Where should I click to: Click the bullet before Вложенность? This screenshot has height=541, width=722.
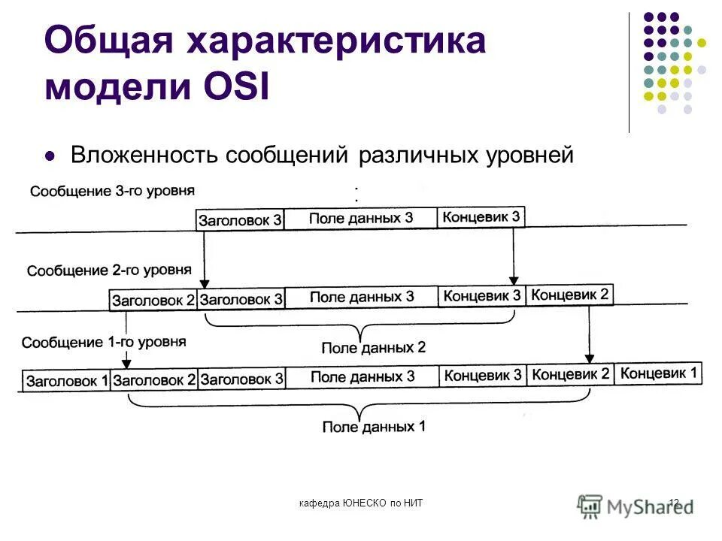pos(51,157)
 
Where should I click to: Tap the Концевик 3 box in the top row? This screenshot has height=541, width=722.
pos(481,217)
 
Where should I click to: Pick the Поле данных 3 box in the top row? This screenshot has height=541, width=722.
pos(361,219)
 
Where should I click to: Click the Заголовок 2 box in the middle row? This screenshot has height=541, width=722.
pos(153,300)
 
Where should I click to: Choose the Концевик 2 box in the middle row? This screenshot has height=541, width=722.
pos(569,295)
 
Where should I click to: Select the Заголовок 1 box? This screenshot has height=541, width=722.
pos(67,381)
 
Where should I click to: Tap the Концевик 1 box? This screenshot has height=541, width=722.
pos(659,373)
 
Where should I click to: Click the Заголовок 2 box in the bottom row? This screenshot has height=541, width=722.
pos(154,380)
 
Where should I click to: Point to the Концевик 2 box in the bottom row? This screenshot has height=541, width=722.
pos(570,374)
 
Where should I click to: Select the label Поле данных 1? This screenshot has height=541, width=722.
pos(374,427)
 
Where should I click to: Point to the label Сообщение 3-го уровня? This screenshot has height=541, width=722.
pos(112,190)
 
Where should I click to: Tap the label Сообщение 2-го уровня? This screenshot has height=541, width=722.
pos(109,269)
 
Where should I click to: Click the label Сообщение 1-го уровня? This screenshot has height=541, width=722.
pos(104,343)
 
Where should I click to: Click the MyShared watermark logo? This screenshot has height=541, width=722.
pos(636,505)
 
